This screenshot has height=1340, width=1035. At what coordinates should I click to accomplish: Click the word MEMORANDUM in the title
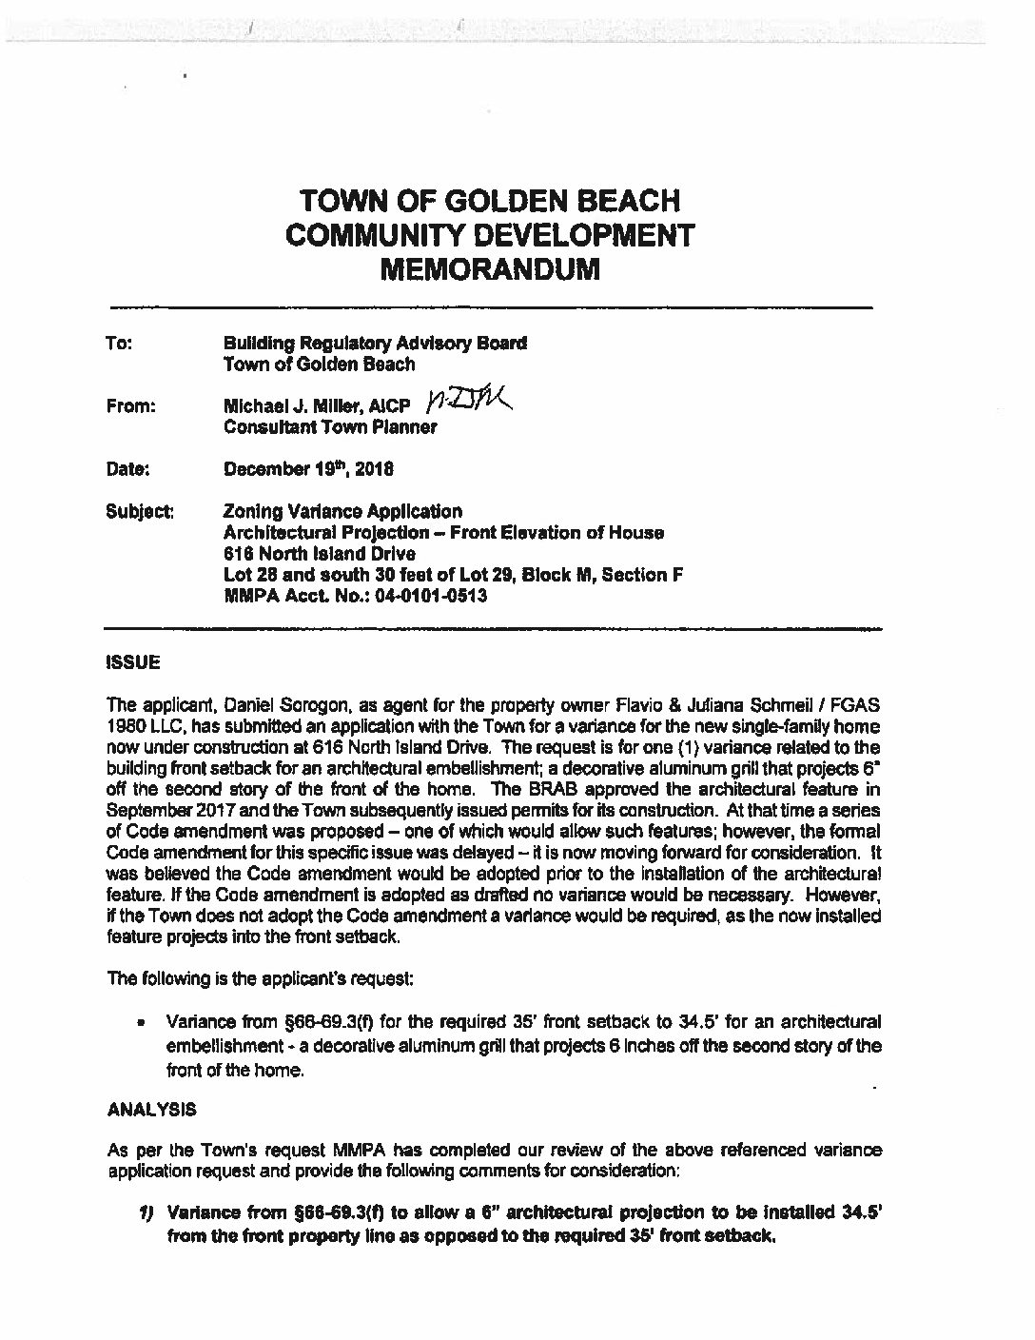coord(490,268)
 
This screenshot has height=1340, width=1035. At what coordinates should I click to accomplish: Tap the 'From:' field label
coord(131,406)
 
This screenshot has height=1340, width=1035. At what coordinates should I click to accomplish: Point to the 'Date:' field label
coord(128,469)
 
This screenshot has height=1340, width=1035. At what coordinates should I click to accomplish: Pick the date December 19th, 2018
coord(309,469)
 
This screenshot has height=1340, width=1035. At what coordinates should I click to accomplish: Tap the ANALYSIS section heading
coord(152,1110)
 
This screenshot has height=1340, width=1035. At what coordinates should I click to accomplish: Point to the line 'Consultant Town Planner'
coord(329,427)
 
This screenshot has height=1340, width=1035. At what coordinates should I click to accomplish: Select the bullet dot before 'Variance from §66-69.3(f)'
coord(140,1025)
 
